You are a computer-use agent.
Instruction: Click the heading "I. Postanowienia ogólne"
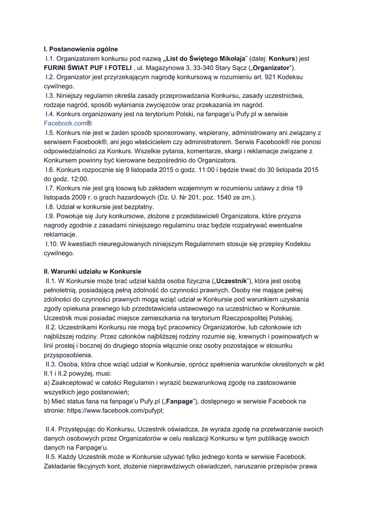click(x=81, y=49)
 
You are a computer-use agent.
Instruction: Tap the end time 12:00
click(x=78, y=179)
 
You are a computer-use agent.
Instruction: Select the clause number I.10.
click(x=53, y=244)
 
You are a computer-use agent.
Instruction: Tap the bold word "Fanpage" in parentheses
click(x=180, y=401)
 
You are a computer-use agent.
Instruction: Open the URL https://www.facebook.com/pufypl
click(x=117, y=410)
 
